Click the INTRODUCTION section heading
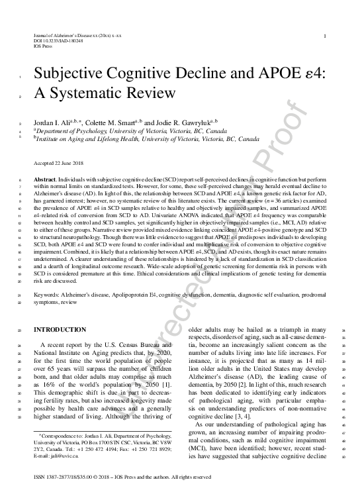pos(60,330)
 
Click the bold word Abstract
pos(44,179)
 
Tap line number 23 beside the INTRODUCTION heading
pos(21,330)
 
